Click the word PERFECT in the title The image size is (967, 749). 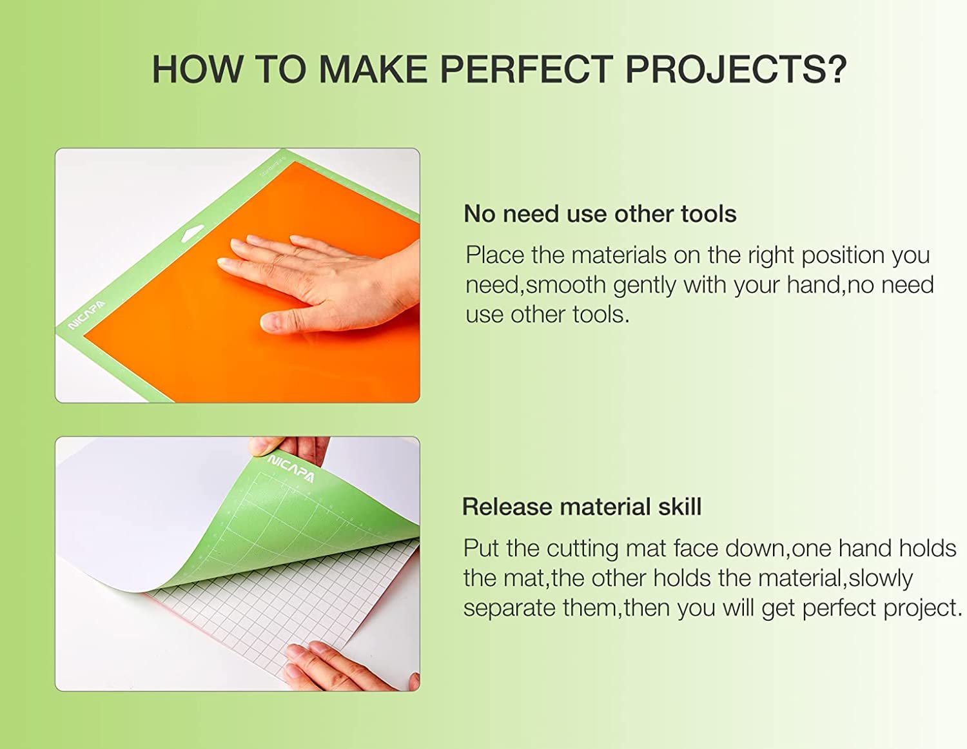pos(527,69)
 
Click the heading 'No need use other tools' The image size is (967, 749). pos(600,214)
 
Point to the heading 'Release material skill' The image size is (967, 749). pos(581,507)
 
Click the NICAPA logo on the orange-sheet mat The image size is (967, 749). pos(87,315)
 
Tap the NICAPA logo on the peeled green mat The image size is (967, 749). pos(291,469)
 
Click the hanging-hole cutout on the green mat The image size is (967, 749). pos(193,233)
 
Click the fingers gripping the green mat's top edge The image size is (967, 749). pos(289,449)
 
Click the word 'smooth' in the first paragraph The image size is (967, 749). pos(565,285)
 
